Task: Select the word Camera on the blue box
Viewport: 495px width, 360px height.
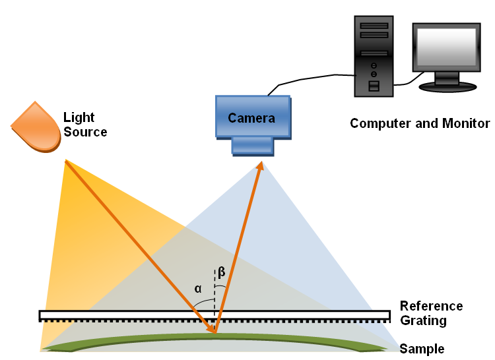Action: coord(251,119)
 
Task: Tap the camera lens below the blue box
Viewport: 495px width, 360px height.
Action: coord(252,145)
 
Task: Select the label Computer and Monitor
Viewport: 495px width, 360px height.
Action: coord(420,123)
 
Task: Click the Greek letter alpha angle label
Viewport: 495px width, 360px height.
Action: coord(198,288)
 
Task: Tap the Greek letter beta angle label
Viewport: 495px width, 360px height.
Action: coord(222,272)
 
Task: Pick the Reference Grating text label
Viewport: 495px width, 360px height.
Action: coord(431,314)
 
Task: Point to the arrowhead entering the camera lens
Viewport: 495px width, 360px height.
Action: coord(260,165)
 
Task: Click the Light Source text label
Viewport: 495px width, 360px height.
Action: coord(84,125)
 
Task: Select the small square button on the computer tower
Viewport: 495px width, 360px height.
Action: coord(374,86)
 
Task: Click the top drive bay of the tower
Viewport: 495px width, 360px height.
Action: coord(374,26)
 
